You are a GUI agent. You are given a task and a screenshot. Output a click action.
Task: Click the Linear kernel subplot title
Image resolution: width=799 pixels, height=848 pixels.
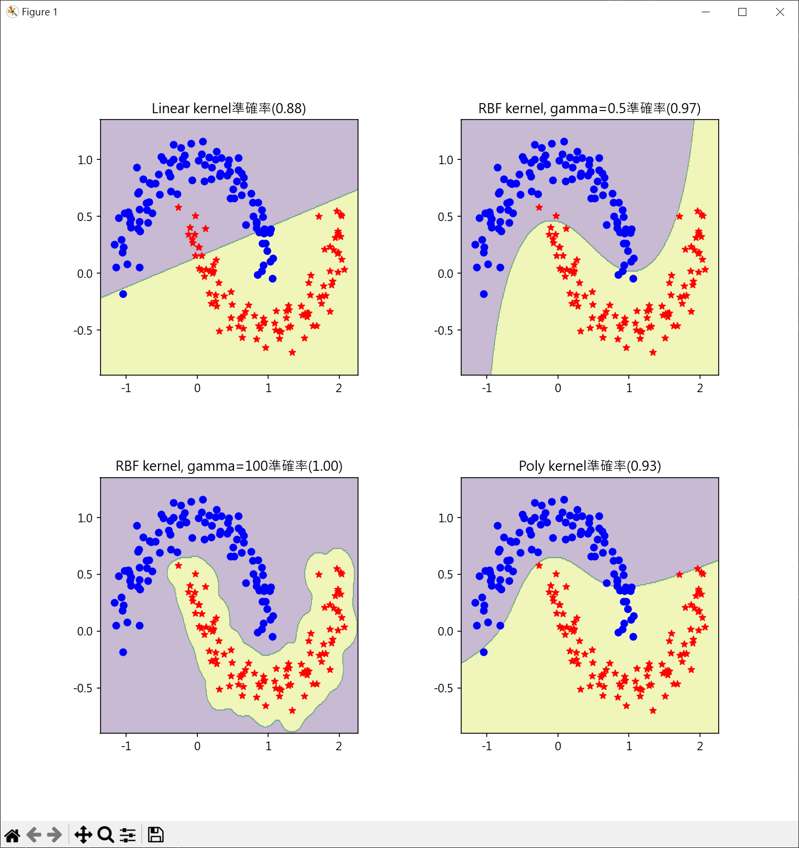(x=229, y=108)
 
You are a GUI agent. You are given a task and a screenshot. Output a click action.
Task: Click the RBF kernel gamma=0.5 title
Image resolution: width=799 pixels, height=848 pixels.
(x=589, y=108)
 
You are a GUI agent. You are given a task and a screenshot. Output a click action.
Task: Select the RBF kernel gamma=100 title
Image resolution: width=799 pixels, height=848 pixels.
(x=229, y=466)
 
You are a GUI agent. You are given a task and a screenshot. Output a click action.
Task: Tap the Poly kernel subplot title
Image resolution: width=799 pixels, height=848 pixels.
(x=589, y=466)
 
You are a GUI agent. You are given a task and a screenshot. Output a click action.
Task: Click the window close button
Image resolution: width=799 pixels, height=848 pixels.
(x=780, y=12)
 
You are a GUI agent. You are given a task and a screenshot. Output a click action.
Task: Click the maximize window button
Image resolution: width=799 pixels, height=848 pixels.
(x=743, y=12)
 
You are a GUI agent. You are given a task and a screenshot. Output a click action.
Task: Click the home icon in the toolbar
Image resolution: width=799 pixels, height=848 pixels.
(x=12, y=835)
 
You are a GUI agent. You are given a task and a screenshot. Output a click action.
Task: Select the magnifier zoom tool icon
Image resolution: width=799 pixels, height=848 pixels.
(x=105, y=835)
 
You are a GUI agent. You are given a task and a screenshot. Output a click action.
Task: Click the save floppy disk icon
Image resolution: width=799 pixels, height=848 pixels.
(x=155, y=835)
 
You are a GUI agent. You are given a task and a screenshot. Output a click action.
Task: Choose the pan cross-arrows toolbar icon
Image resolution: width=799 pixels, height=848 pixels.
(x=83, y=835)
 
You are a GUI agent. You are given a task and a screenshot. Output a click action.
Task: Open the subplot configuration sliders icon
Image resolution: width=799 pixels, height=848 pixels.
(x=128, y=835)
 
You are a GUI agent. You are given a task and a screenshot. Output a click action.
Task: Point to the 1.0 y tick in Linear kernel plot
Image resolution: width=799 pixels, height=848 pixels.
(x=85, y=160)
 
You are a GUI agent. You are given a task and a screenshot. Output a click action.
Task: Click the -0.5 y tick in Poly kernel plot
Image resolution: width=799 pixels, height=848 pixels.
(x=444, y=688)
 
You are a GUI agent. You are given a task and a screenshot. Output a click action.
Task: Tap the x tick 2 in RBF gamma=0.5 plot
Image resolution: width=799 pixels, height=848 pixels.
(x=700, y=388)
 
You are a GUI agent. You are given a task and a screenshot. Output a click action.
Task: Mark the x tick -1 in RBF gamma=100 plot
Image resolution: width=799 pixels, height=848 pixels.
(x=126, y=746)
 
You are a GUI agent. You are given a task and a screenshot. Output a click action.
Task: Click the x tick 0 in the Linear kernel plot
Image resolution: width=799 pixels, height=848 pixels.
(x=197, y=388)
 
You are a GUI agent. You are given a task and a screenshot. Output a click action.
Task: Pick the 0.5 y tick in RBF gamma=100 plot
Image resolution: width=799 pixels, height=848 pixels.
(x=85, y=574)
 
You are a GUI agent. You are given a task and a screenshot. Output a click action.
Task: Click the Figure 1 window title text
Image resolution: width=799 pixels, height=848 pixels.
(x=39, y=12)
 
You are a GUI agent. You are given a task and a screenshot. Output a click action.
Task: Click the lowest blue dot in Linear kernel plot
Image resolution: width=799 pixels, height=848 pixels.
(x=123, y=294)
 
